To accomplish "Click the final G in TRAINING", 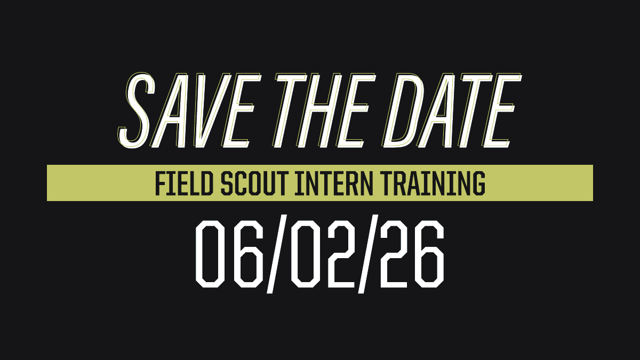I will pyautogui.click(x=478, y=183).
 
